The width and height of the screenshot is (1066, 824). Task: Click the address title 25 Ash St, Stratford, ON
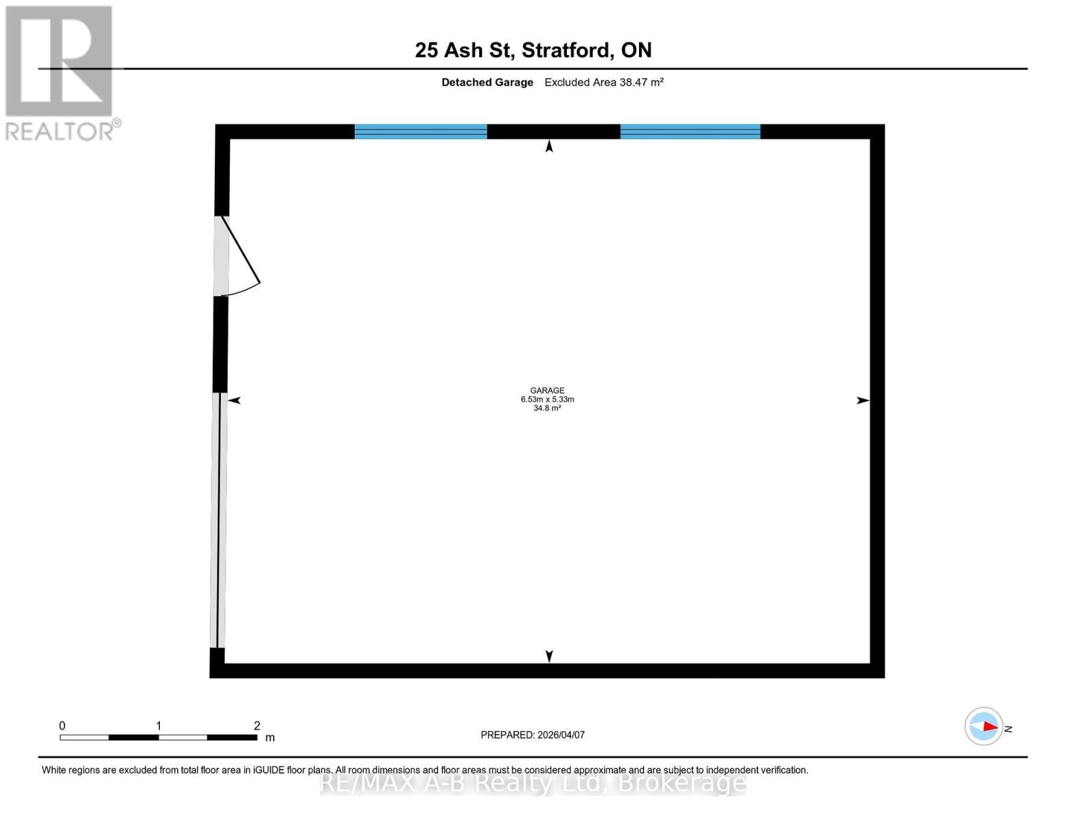click(533, 50)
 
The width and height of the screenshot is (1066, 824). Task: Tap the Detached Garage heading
click(487, 82)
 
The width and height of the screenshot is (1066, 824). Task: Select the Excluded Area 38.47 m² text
click(603, 82)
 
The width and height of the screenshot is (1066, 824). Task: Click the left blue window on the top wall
click(420, 131)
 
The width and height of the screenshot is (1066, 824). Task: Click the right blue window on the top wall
click(690, 131)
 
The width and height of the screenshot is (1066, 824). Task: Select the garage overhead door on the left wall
click(218, 520)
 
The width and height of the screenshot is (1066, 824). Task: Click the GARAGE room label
click(547, 390)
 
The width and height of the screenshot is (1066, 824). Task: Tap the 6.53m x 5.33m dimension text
click(547, 399)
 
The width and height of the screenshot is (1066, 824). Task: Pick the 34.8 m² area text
click(547, 408)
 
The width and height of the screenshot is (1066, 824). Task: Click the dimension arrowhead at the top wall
click(549, 146)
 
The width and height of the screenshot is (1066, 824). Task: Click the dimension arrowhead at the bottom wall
click(549, 656)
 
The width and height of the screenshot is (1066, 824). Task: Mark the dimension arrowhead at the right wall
click(863, 400)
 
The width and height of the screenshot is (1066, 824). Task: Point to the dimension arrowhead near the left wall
click(234, 400)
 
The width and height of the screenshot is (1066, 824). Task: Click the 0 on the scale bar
click(62, 726)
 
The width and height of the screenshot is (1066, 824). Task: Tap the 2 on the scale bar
click(257, 726)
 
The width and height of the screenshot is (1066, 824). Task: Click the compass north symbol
click(984, 726)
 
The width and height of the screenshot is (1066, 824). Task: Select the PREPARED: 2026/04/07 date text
click(533, 735)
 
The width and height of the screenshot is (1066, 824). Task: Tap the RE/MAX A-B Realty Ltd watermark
click(533, 783)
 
